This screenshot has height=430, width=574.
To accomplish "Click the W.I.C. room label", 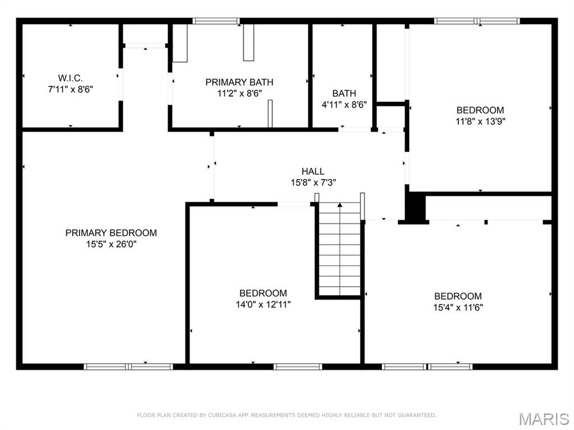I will pos(70,78).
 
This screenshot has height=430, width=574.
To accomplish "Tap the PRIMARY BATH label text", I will pos(239,82).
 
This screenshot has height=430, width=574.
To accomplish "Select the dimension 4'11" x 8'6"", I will pos(344,104).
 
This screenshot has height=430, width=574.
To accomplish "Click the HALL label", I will pos(313,171).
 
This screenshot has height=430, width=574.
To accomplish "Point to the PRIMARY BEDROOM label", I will pos(111,233).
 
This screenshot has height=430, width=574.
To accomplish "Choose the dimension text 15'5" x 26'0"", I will pos(111,244).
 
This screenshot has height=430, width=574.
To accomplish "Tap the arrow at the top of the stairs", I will pos(340,206).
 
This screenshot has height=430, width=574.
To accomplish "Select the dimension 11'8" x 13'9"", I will pos(480,120).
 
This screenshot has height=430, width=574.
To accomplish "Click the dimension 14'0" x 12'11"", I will pos(263,305).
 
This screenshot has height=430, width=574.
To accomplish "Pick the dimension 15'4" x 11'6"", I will pos(457,307).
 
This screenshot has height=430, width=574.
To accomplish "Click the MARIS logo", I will pos(543,418).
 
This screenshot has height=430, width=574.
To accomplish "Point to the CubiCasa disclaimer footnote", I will pos(286,415).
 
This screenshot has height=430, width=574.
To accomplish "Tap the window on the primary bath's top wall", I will pos(216,21).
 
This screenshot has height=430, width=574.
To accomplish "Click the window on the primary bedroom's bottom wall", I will pos(128,367).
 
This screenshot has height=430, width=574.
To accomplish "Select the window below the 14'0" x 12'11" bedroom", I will pos(298,367).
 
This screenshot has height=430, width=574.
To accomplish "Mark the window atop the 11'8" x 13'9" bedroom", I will pos(477,21).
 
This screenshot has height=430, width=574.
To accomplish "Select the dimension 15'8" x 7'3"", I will pos(313,182).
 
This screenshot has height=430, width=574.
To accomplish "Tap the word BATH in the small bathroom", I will pos(344,94).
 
